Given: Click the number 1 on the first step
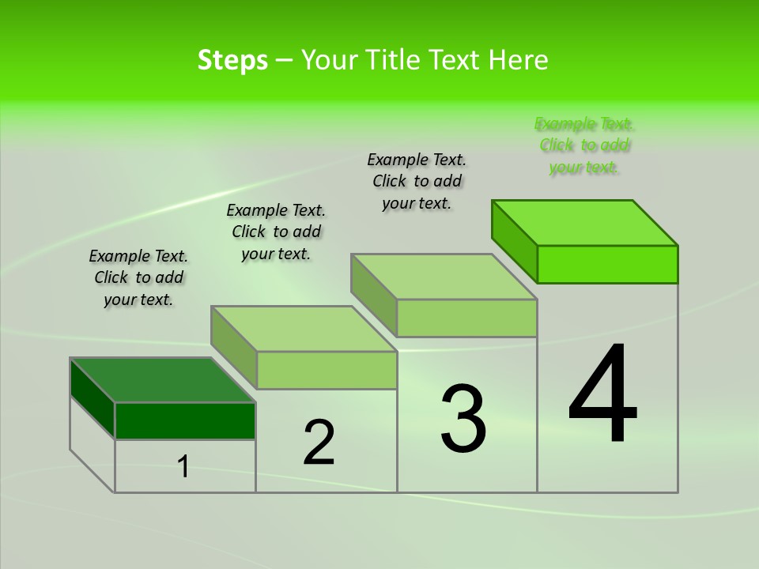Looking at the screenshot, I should click(183, 466).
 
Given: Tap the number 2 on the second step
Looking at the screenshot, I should click(319, 443).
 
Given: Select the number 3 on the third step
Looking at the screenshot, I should click(463, 419).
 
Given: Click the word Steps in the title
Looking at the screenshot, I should click(232, 60).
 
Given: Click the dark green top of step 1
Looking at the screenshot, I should click(162, 379).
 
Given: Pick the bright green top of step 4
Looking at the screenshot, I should click(585, 222).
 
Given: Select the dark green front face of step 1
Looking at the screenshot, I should click(185, 420).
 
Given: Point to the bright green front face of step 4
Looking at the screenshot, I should click(607, 264).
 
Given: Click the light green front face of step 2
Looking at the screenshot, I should click(327, 370).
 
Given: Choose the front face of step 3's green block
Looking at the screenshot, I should click(466, 318).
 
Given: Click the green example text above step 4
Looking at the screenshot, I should click(584, 145).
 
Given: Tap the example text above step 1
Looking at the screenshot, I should click(138, 277).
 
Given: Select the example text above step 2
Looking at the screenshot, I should click(276, 232).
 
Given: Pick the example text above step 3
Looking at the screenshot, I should click(417, 181).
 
